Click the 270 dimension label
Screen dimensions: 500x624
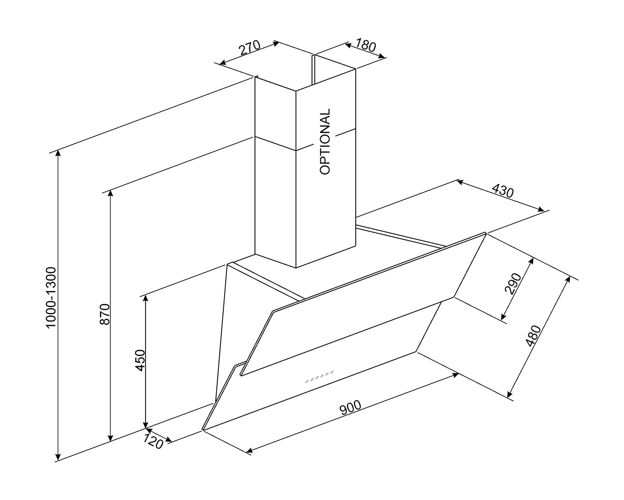250,48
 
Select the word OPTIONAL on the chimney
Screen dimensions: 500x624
325,141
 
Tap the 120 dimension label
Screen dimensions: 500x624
153,441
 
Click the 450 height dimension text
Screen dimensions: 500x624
140,360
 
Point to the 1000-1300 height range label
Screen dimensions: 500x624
51,297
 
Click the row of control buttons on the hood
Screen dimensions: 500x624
319,377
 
